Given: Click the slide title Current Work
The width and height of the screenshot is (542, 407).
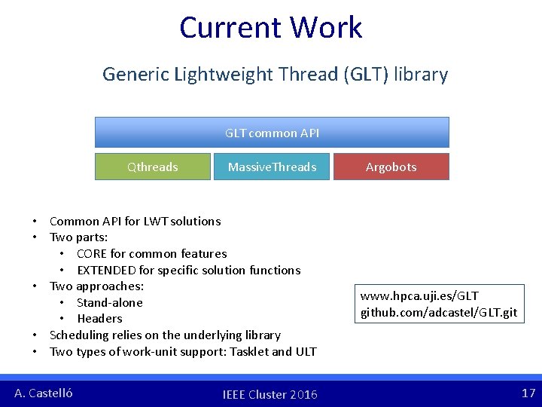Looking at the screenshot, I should (271, 28).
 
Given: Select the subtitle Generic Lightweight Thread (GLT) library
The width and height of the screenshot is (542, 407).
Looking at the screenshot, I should (275, 75).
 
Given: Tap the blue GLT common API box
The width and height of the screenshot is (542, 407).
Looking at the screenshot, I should (272, 133).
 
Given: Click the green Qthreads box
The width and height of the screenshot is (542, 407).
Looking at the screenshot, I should (152, 167).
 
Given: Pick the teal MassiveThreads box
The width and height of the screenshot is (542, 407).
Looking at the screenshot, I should (272, 167).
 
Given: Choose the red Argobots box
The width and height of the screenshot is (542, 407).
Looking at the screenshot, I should (391, 167).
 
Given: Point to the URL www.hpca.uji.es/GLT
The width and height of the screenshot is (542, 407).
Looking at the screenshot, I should (419, 296).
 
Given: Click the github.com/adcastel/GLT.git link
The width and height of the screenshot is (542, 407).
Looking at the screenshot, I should (439, 312).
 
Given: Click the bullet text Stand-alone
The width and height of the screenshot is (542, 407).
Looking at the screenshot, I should (109, 302).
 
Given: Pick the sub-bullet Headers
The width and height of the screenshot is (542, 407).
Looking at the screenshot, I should (99, 319).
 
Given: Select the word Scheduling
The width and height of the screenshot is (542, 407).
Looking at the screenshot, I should (79, 335).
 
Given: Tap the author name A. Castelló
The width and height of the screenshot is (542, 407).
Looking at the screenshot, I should (44, 393).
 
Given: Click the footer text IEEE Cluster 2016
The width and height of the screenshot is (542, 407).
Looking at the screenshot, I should (270, 394).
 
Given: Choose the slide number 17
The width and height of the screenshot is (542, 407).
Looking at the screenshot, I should (528, 393).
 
